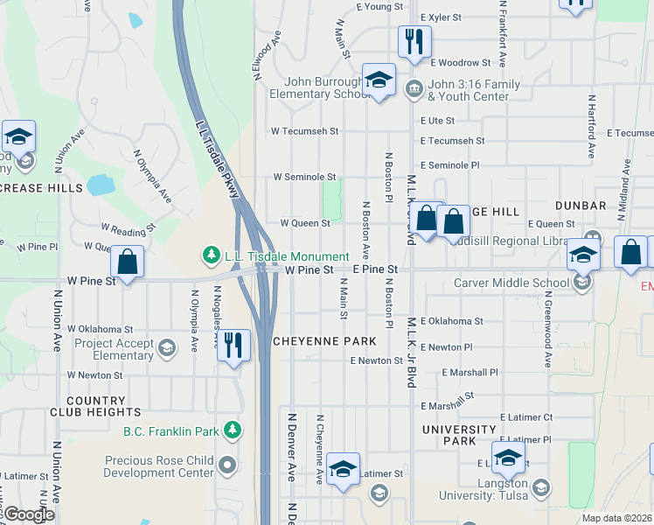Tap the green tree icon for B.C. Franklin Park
(x=232, y=430)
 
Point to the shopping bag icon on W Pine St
(x=128, y=261)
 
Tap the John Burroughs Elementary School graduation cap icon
(x=379, y=80)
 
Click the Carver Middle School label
(x=511, y=283)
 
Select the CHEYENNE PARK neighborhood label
(x=324, y=340)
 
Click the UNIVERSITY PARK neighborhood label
(x=460, y=435)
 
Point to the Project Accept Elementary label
(x=114, y=349)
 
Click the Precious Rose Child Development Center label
(x=158, y=466)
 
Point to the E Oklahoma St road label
(x=451, y=322)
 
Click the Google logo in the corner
(x=29, y=514)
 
